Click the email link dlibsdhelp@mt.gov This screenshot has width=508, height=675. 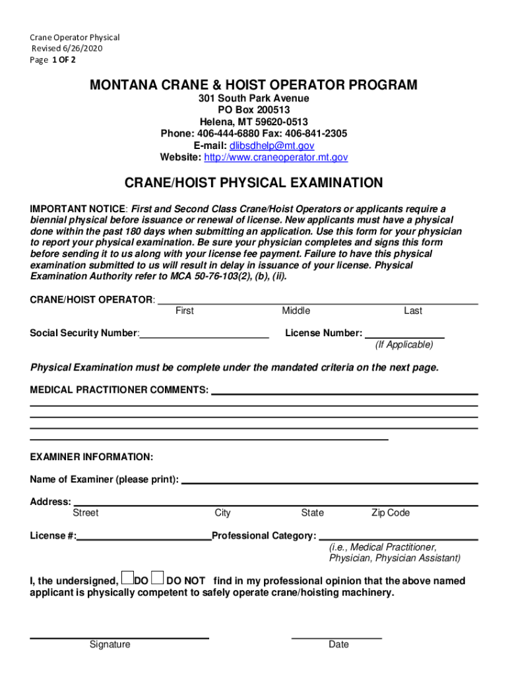pyautogui.click(x=272, y=146)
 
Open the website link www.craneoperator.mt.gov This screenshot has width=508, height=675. pyautogui.click(x=276, y=158)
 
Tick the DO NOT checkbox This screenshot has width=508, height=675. pyautogui.click(x=157, y=578)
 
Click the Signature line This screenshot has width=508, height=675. pyautogui.click(x=119, y=637)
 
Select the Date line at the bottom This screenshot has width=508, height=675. pyautogui.click(x=336, y=637)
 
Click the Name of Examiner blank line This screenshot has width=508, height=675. pyautogui.click(x=329, y=481)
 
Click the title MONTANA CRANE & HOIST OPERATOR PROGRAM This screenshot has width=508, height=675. pyautogui.click(x=254, y=85)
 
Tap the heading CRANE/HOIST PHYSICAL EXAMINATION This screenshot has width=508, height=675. pyautogui.click(x=254, y=183)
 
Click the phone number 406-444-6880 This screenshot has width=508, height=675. pyautogui.click(x=229, y=134)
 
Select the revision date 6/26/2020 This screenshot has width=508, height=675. pyautogui.click(x=82, y=49)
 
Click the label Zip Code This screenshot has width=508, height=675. pyautogui.click(x=391, y=513)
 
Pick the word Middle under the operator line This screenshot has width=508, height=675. pyautogui.click(x=296, y=311)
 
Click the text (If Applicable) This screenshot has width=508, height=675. pyautogui.click(x=404, y=345)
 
